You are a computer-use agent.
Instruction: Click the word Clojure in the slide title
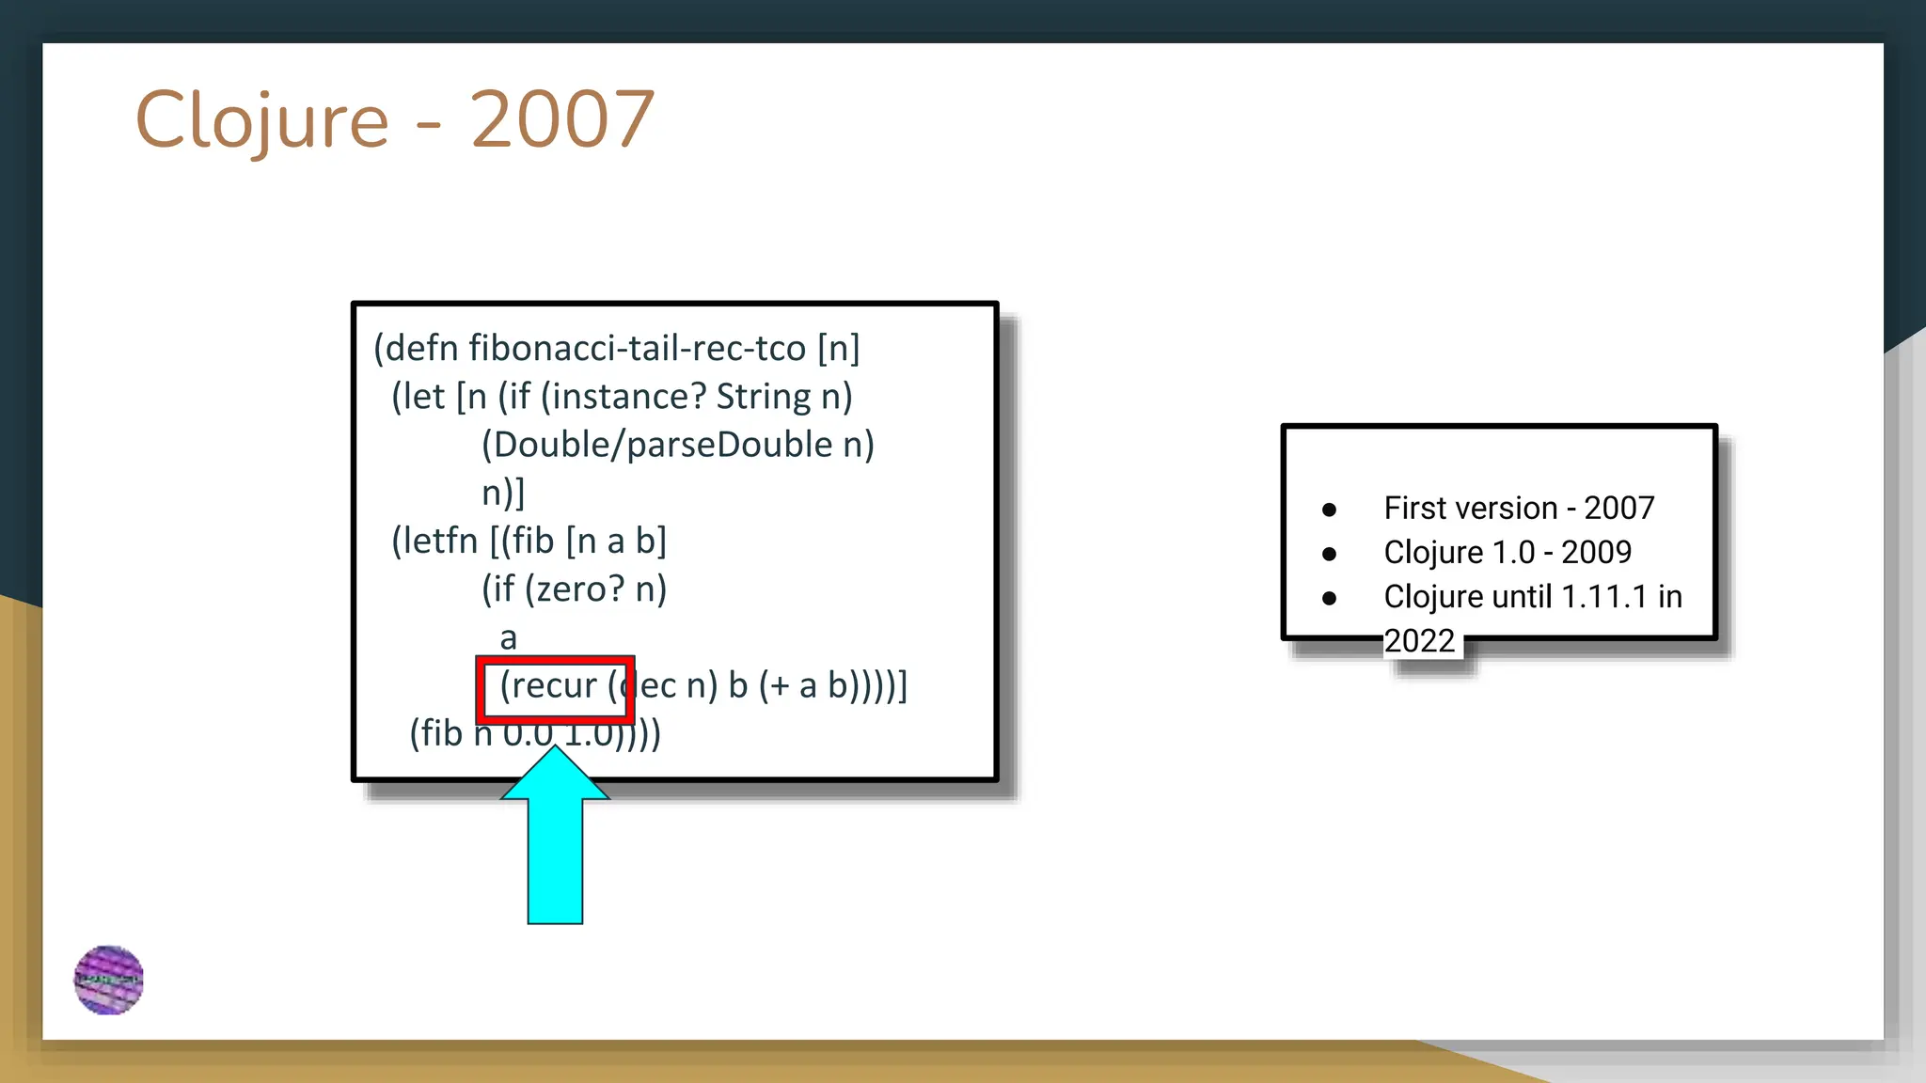pos(261,120)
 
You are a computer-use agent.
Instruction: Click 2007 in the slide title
pos(561,120)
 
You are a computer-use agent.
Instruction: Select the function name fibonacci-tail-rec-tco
pos(637,349)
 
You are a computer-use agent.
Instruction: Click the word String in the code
pos(763,397)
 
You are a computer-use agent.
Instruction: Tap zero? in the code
pos(580,589)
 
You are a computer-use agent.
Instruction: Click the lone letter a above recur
pos(508,638)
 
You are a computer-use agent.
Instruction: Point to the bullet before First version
pos(1329,510)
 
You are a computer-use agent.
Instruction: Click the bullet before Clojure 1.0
pos(1329,554)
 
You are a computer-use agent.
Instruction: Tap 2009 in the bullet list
pos(1596,553)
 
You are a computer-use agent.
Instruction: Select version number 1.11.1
pos(1604,597)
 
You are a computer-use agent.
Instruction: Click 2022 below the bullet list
pos(1419,641)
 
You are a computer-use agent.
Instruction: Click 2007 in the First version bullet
pos(1618,509)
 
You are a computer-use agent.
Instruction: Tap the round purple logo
pos(109,981)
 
